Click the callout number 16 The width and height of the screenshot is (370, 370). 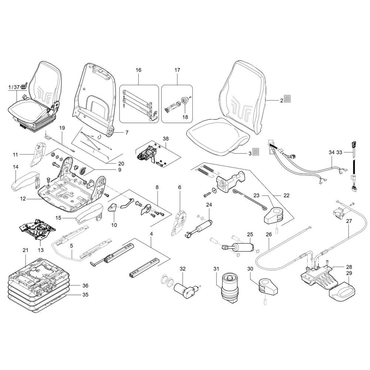138,70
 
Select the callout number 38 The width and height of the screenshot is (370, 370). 166,138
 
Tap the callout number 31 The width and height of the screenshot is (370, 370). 216,269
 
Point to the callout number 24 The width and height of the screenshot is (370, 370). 209,205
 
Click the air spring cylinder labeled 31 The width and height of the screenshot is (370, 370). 229,287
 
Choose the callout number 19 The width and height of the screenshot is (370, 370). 62,128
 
